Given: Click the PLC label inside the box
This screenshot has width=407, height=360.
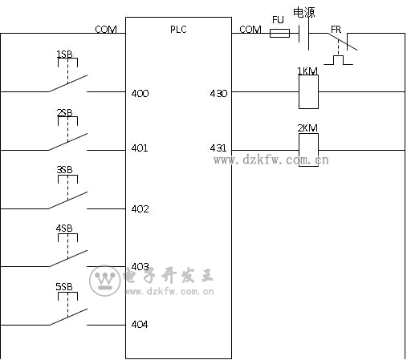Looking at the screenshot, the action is tap(178, 29).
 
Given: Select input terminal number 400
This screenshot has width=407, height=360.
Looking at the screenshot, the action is tap(140, 94).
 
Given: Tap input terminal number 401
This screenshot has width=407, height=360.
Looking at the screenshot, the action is tap(140, 148).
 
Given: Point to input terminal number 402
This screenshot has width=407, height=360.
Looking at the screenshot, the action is tap(140, 209).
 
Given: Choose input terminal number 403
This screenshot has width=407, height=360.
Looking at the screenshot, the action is tap(140, 266).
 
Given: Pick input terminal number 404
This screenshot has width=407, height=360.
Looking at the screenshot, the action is tap(140, 325).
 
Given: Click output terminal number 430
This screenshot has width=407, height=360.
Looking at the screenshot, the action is tap(218, 94).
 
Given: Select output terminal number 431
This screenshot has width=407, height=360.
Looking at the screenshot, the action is tap(218, 148).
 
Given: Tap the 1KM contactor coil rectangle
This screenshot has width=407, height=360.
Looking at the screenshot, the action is tap(308, 91).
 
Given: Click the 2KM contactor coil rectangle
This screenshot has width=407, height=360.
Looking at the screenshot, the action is tap(308, 150).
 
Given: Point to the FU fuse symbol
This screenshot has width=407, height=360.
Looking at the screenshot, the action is tap(279, 33).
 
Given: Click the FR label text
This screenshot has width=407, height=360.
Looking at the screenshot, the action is tap(336, 30).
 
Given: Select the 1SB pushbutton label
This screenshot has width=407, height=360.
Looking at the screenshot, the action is tap(64, 55).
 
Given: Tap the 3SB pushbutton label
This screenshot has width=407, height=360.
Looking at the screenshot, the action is tap(64, 170).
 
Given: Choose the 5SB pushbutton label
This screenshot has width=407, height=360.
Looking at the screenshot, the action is tap(64, 286).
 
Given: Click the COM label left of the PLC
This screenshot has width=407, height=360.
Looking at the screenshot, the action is tap(106, 29).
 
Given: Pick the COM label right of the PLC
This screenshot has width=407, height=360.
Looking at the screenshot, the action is tap(250, 29).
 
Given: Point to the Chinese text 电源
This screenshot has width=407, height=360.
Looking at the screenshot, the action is tap(304, 13).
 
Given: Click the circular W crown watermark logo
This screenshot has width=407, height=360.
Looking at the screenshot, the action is tap(104, 281).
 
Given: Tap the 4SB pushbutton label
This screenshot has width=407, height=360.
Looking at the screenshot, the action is tap(64, 229).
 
